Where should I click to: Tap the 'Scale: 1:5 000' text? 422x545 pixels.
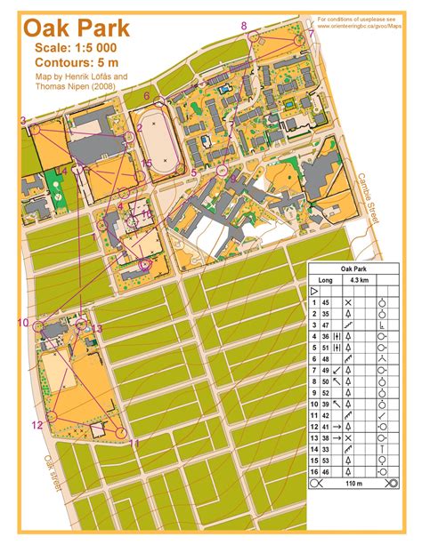(76, 47)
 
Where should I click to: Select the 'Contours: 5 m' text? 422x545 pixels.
(80, 62)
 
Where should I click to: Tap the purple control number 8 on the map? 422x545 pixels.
(244, 26)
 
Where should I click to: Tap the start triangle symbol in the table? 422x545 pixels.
(314, 291)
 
